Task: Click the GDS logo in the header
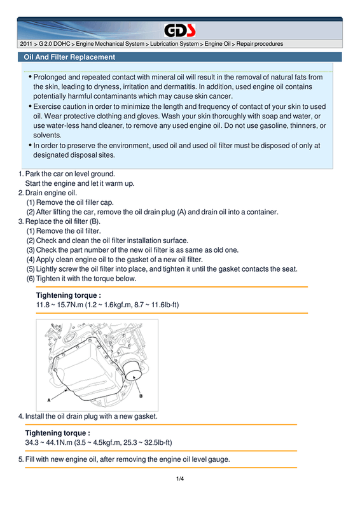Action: (179, 31)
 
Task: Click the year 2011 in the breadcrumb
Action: (26, 44)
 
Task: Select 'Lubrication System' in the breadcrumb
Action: (174, 44)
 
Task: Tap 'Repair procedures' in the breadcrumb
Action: (260, 44)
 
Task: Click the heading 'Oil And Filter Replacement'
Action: (69, 57)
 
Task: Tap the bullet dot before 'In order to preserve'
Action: (30, 145)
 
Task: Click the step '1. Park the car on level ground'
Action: (67, 174)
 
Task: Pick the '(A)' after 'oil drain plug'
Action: (181, 212)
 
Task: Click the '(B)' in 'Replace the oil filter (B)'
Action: (95, 221)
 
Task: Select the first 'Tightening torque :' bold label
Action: (69, 295)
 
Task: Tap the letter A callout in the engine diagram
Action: (49, 400)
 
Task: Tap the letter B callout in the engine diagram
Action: (141, 396)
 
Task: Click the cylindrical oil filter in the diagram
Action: (133, 370)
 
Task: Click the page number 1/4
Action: (180, 478)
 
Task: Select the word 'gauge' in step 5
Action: (219, 459)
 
